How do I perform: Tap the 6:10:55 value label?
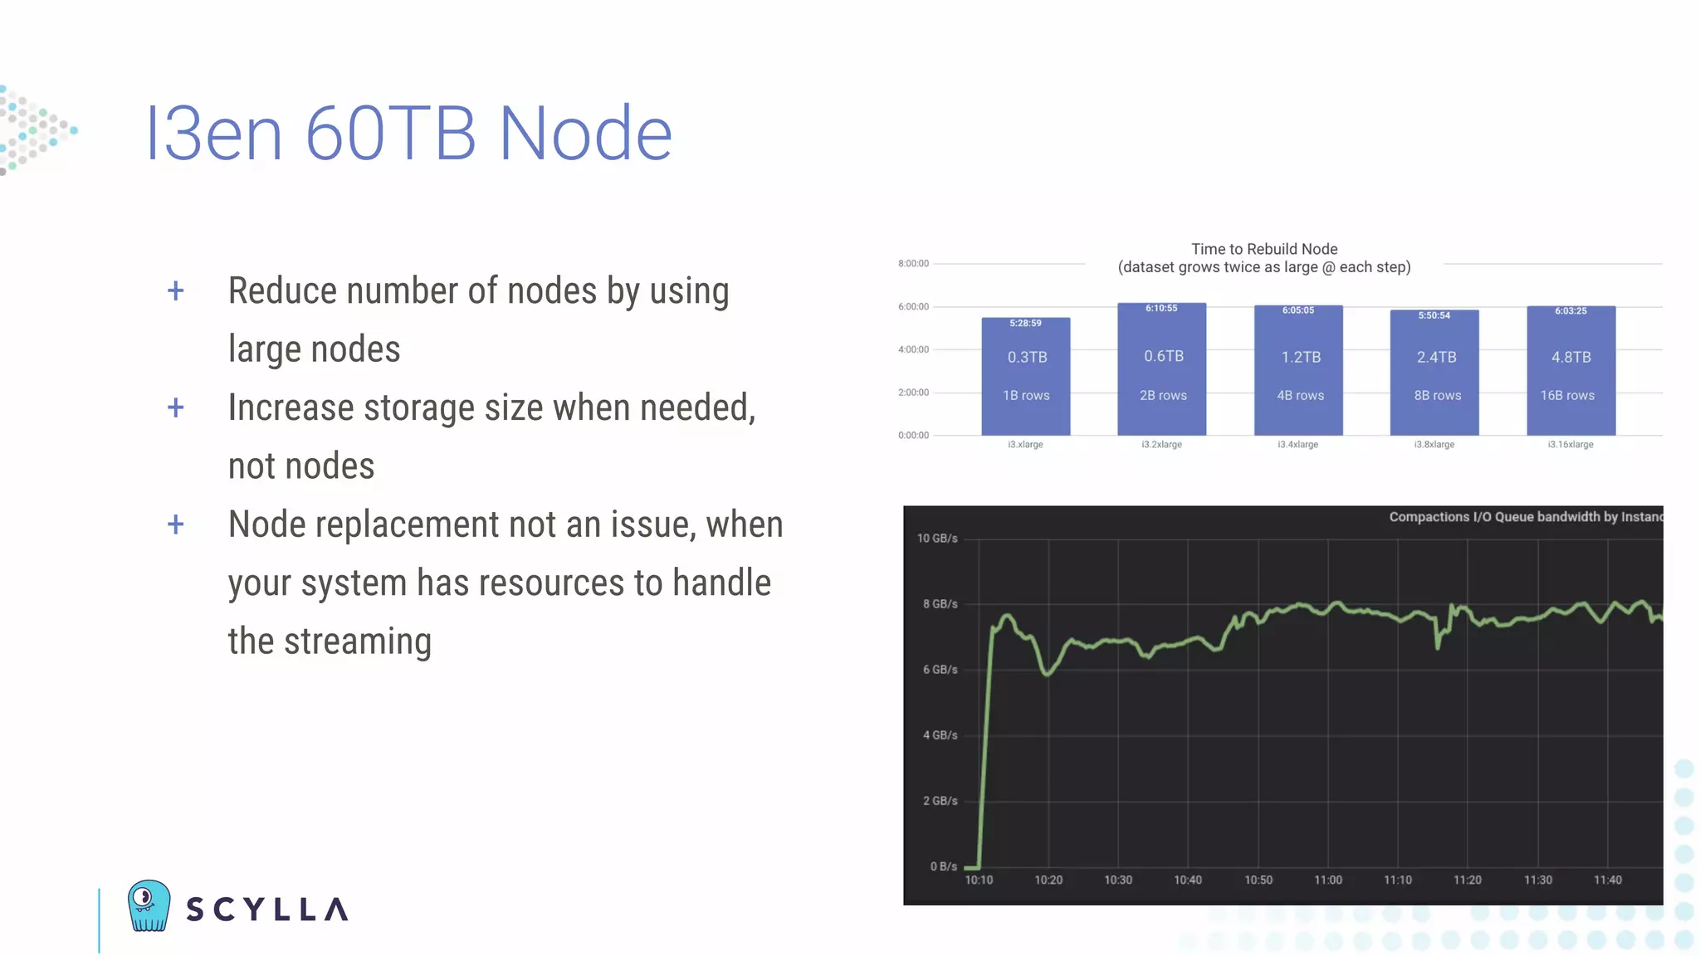(x=1161, y=309)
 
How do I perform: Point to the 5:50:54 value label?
(x=1434, y=316)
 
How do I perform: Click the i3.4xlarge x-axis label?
(x=1298, y=445)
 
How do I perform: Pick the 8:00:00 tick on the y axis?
(x=913, y=264)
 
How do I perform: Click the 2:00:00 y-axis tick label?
(x=913, y=393)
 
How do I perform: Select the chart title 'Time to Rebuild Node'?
(x=1264, y=249)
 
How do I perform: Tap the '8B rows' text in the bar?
(x=1438, y=396)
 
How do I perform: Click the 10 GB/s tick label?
(x=937, y=539)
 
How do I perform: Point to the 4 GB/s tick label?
(x=940, y=735)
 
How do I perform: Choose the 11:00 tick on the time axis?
(x=1328, y=880)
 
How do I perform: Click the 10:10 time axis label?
(x=979, y=880)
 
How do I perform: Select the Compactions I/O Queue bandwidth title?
(x=1525, y=517)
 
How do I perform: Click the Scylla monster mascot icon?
(x=149, y=905)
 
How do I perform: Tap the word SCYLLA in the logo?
(x=266, y=910)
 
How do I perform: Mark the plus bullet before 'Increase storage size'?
(x=176, y=407)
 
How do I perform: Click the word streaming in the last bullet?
(x=358, y=641)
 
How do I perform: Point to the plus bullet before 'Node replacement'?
(x=176, y=524)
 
